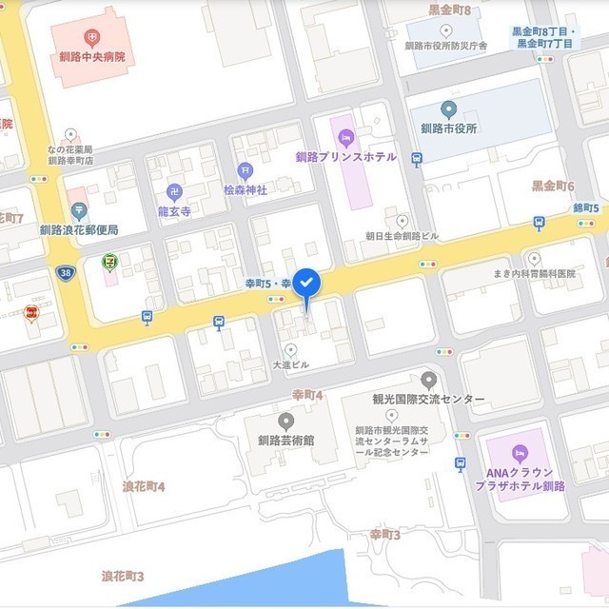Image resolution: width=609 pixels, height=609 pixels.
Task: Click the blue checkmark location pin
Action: tap(305, 284)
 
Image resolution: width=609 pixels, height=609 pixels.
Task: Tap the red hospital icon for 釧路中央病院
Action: tap(91, 38)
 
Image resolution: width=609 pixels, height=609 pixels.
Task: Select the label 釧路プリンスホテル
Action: tap(344, 157)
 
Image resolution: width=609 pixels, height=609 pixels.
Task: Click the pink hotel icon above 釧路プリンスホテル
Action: tap(344, 137)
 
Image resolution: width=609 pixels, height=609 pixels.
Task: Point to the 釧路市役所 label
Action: tap(449, 128)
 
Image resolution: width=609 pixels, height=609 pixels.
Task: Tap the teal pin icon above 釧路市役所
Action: tap(449, 108)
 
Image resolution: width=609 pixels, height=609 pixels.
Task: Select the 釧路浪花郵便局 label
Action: tap(79, 229)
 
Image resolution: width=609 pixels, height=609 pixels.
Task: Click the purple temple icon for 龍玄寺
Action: tap(174, 191)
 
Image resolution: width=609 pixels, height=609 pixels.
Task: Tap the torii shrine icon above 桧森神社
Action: tap(245, 171)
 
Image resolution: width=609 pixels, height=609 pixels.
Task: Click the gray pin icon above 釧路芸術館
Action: tap(285, 420)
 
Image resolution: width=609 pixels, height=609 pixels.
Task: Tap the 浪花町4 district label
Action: tap(144, 486)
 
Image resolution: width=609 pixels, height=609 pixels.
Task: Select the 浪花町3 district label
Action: tap(123, 577)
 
